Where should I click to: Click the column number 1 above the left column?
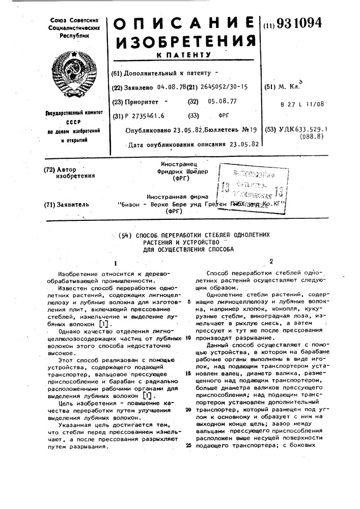tap(116, 263)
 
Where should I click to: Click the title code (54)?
tap(125, 235)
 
